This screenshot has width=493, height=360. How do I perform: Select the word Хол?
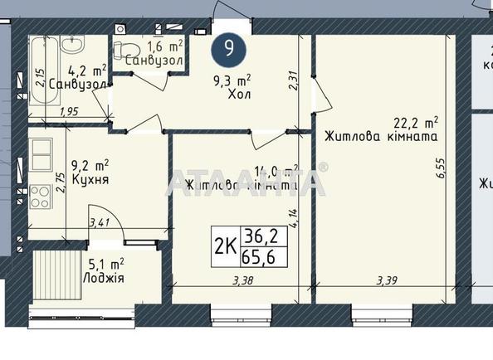click(239, 94)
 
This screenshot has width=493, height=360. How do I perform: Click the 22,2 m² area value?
click(416, 122)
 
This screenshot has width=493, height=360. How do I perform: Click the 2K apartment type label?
click(224, 246)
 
